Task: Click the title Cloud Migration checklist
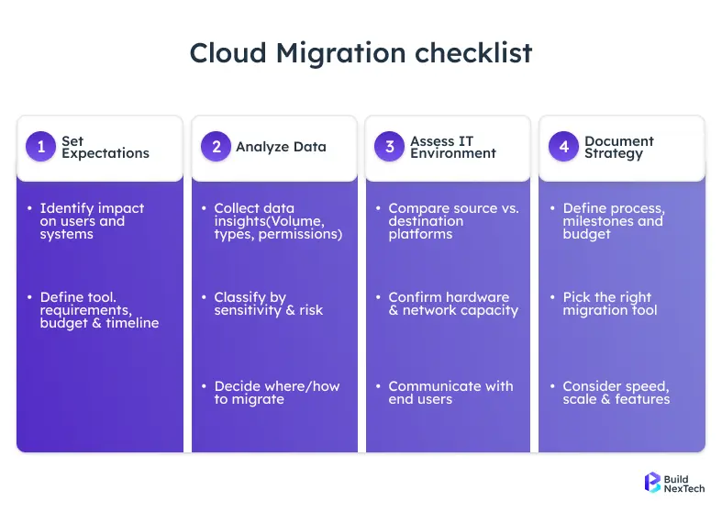point(361,53)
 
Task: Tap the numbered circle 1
point(40,147)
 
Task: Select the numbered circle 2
point(215,147)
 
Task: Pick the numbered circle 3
point(389,147)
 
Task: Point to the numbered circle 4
point(563,147)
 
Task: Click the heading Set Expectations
point(105,147)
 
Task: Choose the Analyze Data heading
point(281,147)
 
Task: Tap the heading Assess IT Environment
point(453,147)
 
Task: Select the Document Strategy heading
point(618,147)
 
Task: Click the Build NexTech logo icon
point(653,483)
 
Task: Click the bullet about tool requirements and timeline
point(99,310)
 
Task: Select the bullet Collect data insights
point(277,221)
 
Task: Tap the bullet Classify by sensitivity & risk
point(268,304)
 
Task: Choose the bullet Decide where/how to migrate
point(276,393)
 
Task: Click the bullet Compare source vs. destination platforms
point(453,221)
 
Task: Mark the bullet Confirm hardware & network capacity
point(453,304)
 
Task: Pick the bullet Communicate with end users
point(450,393)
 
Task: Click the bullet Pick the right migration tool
point(609,304)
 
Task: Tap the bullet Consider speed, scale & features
point(616,393)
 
